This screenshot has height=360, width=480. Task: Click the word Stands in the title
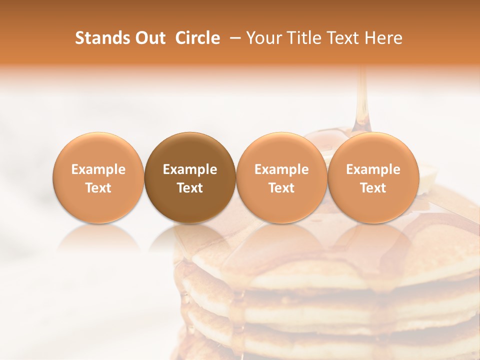[x=99, y=38]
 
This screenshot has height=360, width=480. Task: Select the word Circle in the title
[x=197, y=38]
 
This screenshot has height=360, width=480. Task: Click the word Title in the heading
[x=302, y=38]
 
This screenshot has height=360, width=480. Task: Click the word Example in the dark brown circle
[x=190, y=169]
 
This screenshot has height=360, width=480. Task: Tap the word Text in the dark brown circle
[x=190, y=188]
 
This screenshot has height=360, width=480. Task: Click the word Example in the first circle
[x=98, y=169]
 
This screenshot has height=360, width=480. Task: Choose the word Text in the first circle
[x=98, y=188]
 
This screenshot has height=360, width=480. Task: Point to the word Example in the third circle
[x=281, y=169]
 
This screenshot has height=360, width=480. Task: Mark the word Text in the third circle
[x=281, y=188]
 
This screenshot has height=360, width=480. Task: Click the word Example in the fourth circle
[x=373, y=169]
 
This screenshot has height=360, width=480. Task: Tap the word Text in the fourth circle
[x=373, y=188]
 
